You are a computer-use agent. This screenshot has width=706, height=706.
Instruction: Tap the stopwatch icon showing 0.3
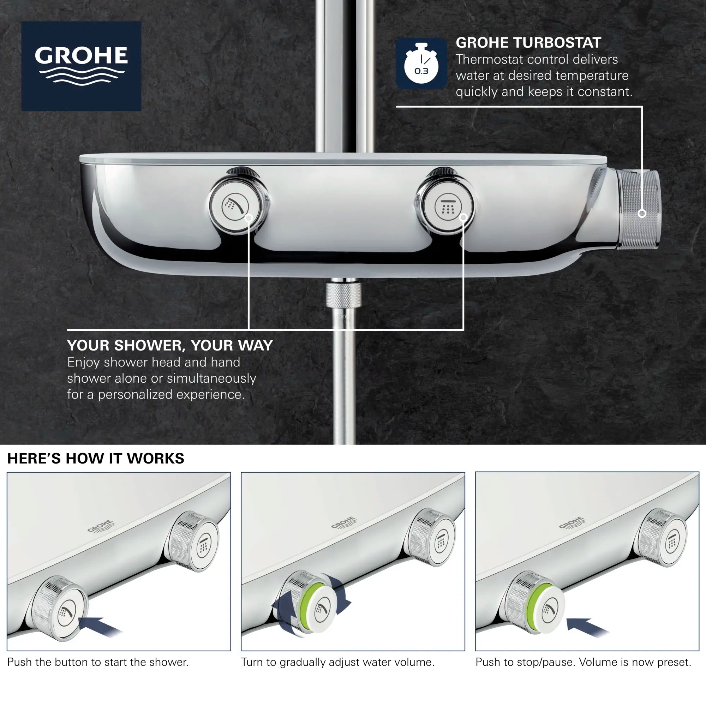point(421,64)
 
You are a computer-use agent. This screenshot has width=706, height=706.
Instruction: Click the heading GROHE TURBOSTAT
point(528,43)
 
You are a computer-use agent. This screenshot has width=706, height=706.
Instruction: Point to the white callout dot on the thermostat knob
point(642,214)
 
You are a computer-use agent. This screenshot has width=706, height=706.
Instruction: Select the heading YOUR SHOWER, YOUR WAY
point(170,345)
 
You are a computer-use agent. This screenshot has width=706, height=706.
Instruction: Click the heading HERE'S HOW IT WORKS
point(96,458)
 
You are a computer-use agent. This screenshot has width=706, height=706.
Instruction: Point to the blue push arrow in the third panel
point(588,625)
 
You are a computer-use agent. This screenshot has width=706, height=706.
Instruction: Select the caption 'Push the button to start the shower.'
point(98,662)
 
